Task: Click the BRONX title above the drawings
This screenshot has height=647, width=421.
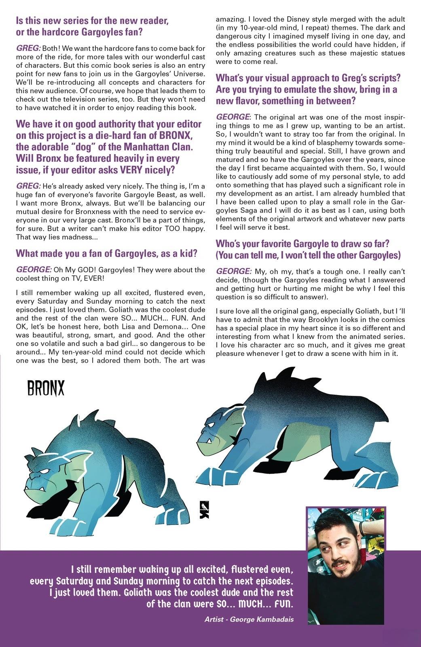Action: pos(46,389)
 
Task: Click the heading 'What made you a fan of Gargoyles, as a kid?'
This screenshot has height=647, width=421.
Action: pos(106,254)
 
